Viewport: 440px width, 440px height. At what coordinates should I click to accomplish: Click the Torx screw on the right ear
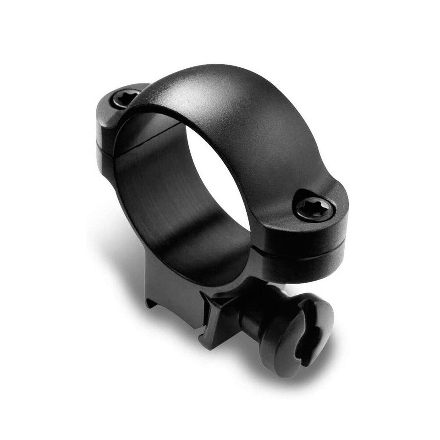[x=314, y=209]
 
